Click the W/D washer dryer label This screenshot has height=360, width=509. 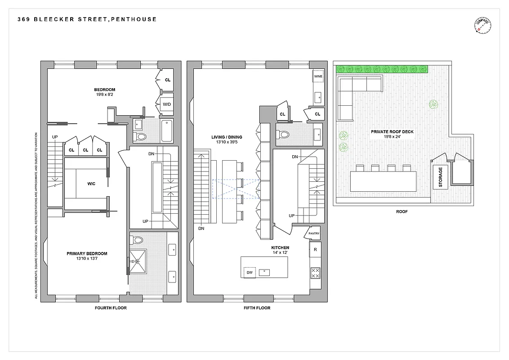(x=166, y=105)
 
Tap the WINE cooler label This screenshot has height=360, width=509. (x=318, y=76)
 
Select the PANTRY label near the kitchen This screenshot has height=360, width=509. (x=314, y=233)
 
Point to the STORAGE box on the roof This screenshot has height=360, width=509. (x=440, y=177)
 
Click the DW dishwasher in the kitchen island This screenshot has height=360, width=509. (x=249, y=272)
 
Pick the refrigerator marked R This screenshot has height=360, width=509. (x=315, y=249)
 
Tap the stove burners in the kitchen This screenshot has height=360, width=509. (x=315, y=273)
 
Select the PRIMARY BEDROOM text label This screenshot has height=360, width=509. (x=87, y=254)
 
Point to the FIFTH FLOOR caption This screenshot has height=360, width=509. (x=257, y=308)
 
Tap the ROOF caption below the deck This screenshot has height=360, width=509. (x=402, y=211)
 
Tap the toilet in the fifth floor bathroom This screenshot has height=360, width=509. (x=284, y=134)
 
